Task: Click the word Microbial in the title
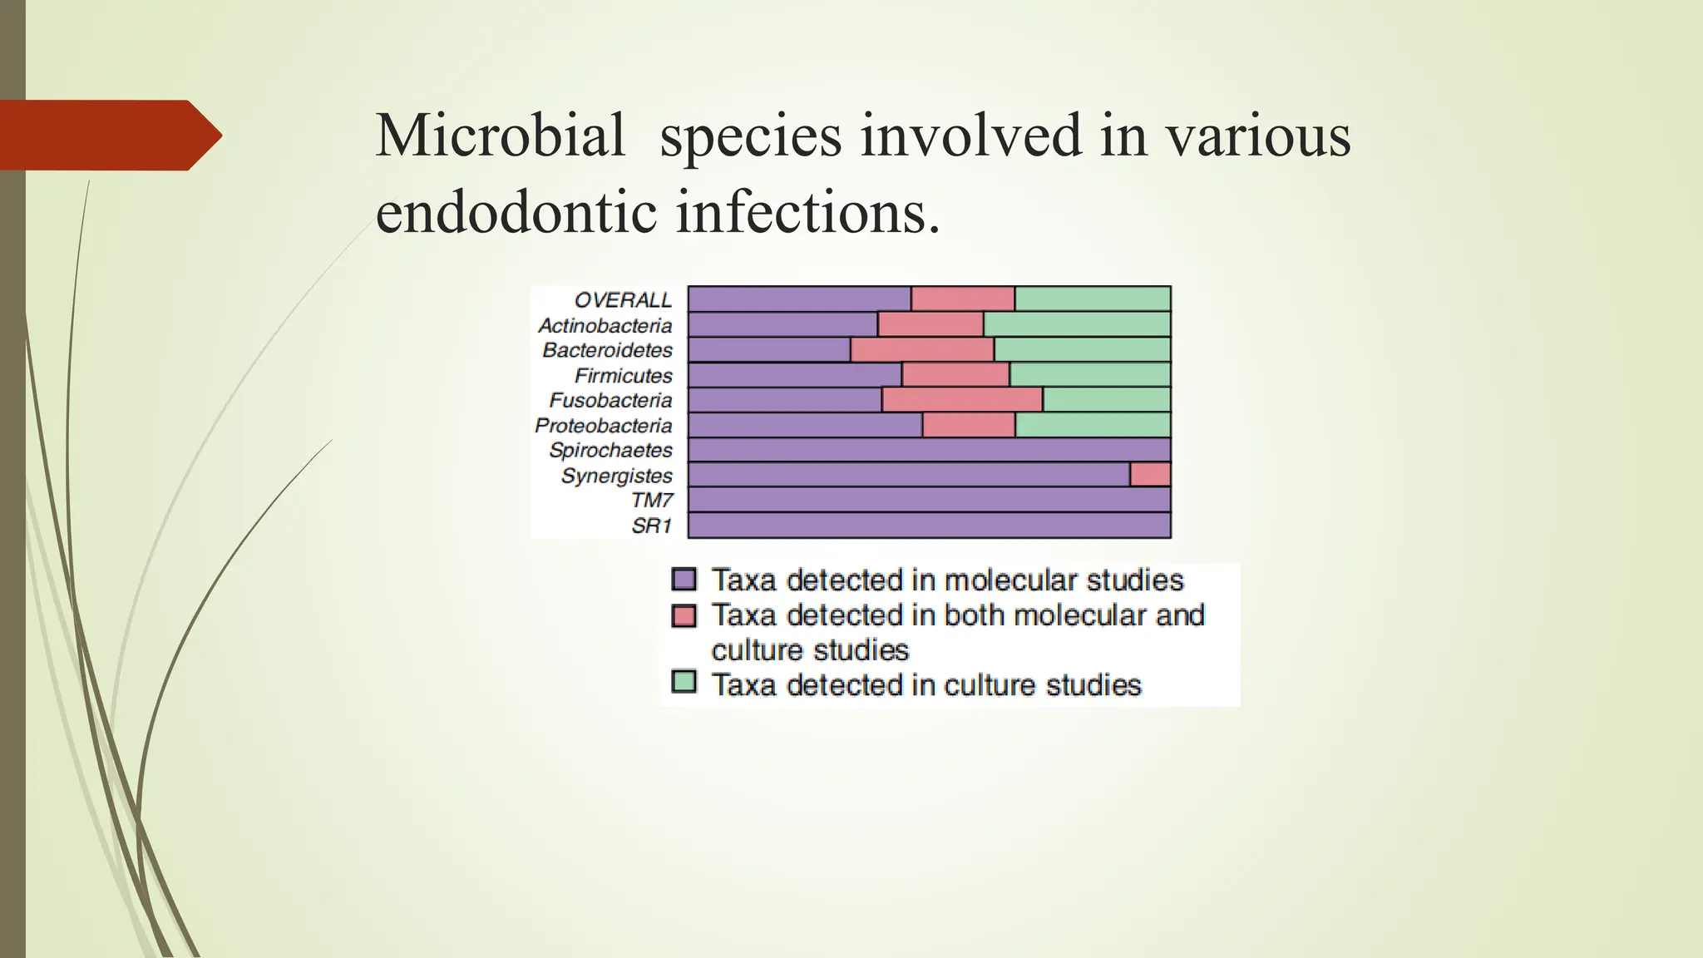[x=500, y=136]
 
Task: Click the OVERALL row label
[x=623, y=300]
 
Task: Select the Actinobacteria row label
[x=605, y=325]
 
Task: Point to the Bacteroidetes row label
[x=607, y=350]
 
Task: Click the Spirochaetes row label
[x=610, y=450]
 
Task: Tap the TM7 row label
[x=651, y=500]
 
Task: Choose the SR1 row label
[x=651, y=526]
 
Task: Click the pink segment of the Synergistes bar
[x=1150, y=475]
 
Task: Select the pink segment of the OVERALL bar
[x=963, y=299]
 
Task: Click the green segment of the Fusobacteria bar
[x=1107, y=400]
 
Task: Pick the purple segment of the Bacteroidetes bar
[x=769, y=350]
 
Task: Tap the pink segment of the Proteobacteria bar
[x=969, y=425]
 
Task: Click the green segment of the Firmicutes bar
[x=1090, y=375]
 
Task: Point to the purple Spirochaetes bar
[x=929, y=450]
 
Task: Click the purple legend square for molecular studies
[x=684, y=579]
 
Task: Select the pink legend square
[x=684, y=615]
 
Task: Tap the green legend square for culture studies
[x=684, y=683]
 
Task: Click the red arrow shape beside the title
[x=108, y=136]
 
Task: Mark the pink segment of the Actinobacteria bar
[x=930, y=324]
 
